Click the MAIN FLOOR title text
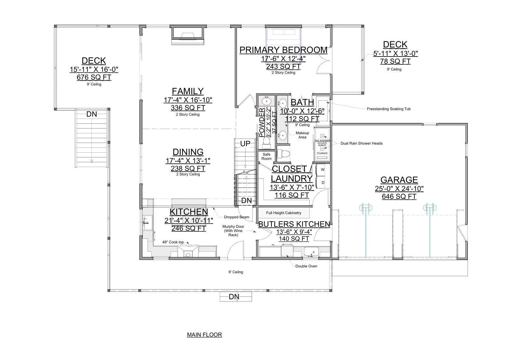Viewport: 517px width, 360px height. click(204, 335)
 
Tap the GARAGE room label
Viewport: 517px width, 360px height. click(399, 180)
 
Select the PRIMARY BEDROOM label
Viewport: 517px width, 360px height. click(283, 50)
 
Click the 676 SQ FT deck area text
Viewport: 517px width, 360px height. click(94, 77)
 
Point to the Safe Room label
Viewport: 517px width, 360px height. click(266, 157)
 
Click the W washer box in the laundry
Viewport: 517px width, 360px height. click(323, 170)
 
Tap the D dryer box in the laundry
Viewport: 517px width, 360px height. click(323, 183)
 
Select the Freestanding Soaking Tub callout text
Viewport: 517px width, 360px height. click(389, 109)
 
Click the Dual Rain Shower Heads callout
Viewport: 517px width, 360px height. click(361, 143)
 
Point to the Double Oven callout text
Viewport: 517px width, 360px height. click(306, 266)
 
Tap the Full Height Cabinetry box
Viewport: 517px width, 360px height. click(284, 213)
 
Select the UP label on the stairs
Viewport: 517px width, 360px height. click(245, 144)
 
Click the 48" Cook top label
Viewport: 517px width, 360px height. click(173, 242)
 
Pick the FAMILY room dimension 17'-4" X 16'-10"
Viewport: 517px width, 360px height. click(188, 100)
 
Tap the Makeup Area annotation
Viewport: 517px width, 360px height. click(302, 135)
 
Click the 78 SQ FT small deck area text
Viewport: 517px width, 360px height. click(395, 61)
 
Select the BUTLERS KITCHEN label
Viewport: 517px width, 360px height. click(294, 224)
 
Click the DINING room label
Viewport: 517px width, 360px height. click(188, 152)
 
